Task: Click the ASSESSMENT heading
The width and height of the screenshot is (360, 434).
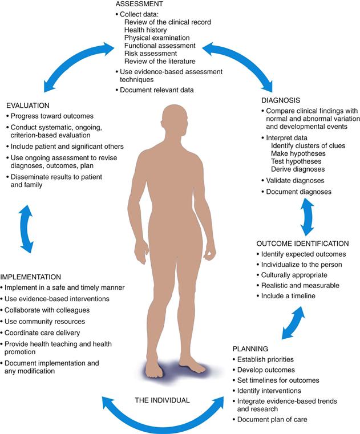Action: coord(137,3)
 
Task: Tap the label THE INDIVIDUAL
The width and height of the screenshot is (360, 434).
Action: coord(161,400)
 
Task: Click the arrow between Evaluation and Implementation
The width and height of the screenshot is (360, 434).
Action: coord(25,229)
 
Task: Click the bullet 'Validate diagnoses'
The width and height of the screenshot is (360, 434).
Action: coord(295,181)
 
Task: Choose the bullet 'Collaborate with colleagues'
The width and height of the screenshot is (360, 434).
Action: coord(47,310)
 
